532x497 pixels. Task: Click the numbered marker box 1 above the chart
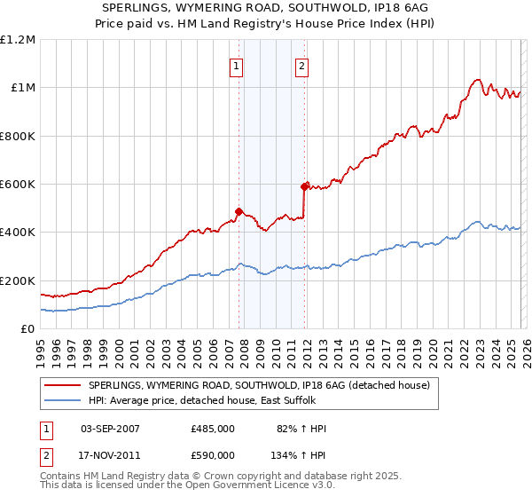tap(238, 65)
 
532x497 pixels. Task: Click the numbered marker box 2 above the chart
tap(302, 65)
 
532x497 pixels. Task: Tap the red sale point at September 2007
tap(239, 212)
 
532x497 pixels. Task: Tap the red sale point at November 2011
tap(304, 186)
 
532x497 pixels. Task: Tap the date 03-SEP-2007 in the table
tap(110, 429)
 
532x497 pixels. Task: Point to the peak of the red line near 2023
tap(477, 79)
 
